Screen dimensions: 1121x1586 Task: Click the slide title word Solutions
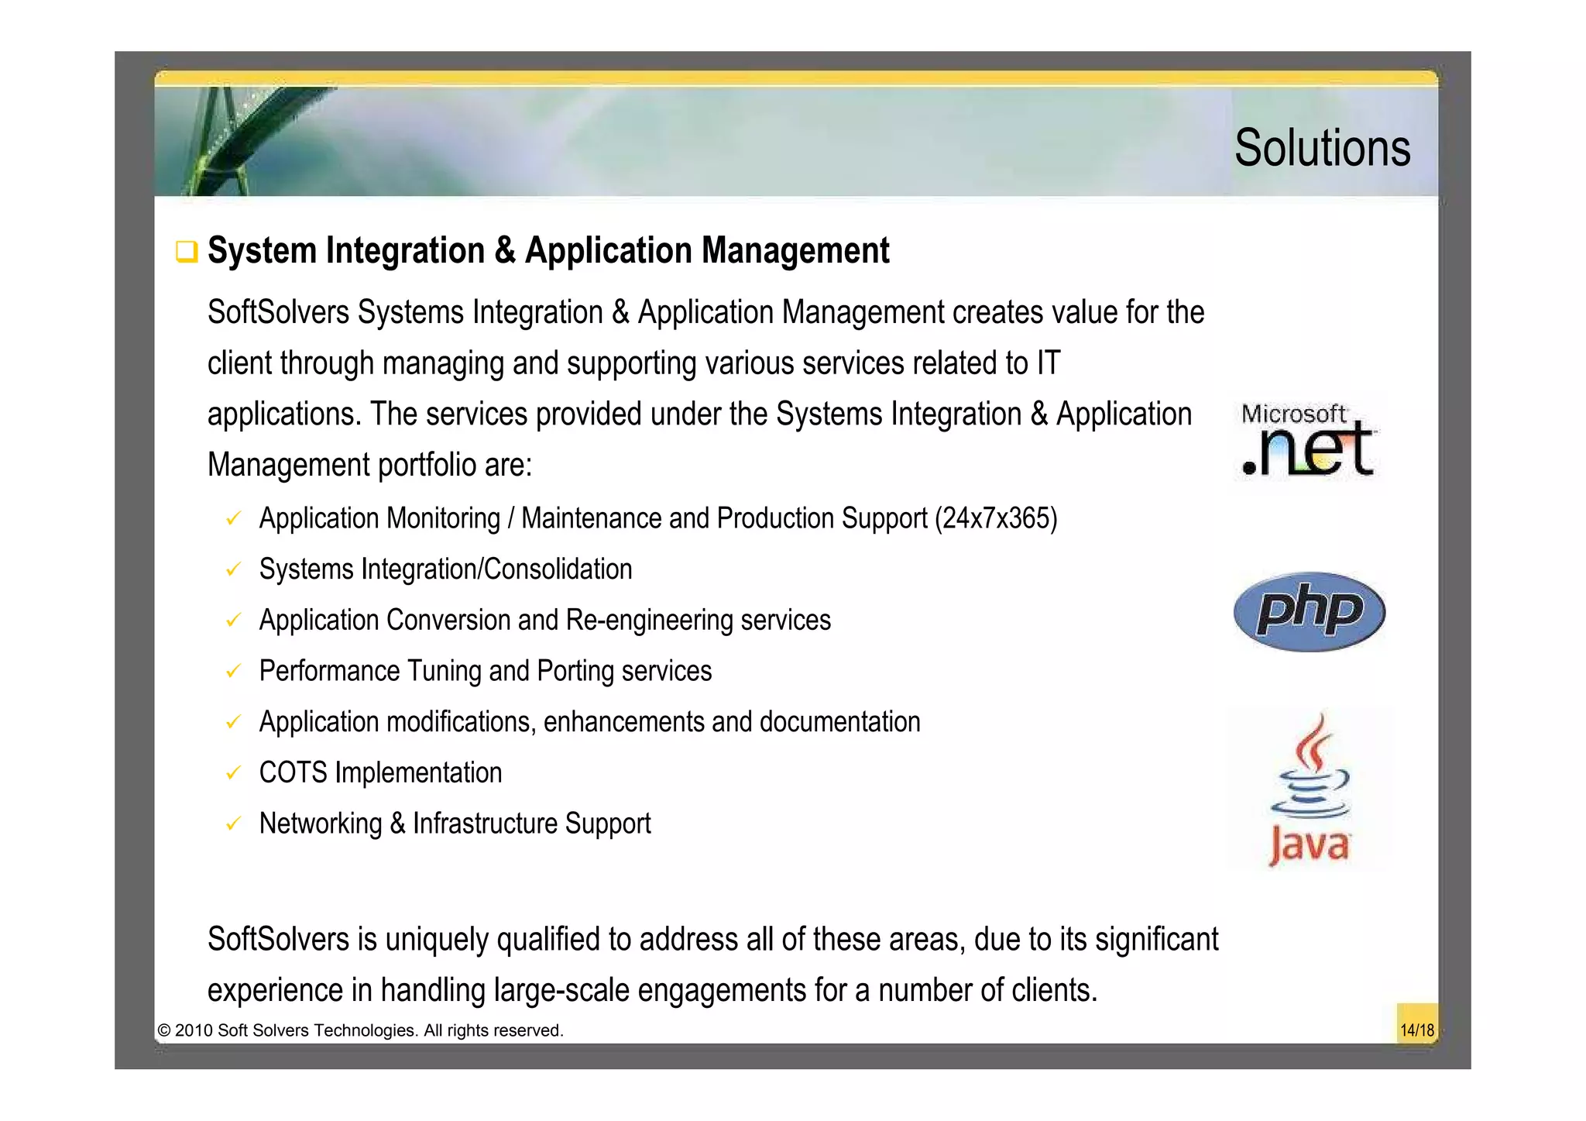pyautogui.click(x=1322, y=148)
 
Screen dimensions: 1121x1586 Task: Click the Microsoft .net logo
pyautogui.click(x=1307, y=440)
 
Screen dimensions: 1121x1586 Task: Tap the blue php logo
pyautogui.click(x=1309, y=611)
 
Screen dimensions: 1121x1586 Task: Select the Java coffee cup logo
pyautogui.click(x=1310, y=789)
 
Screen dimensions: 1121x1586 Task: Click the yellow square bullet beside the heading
pyautogui.click(x=187, y=252)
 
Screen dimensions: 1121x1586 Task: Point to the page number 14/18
pyautogui.click(x=1416, y=1030)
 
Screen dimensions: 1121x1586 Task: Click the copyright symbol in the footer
pyautogui.click(x=163, y=1031)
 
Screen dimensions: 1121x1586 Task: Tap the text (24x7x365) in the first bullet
pyautogui.click(x=996, y=518)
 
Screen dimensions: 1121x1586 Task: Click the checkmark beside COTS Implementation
pyautogui.click(x=233, y=773)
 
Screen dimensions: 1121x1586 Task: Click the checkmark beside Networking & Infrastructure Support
pyautogui.click(x=233, y=824)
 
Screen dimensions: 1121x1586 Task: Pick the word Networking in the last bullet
pyautogui.click(x=321, y=824)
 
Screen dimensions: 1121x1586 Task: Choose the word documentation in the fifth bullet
pyautogui.click(x=839, y=722)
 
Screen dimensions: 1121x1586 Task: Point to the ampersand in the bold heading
pyautogui.click(x=505, y=251)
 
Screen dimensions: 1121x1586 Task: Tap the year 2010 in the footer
pyautogui.click(x=193, y=1031)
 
